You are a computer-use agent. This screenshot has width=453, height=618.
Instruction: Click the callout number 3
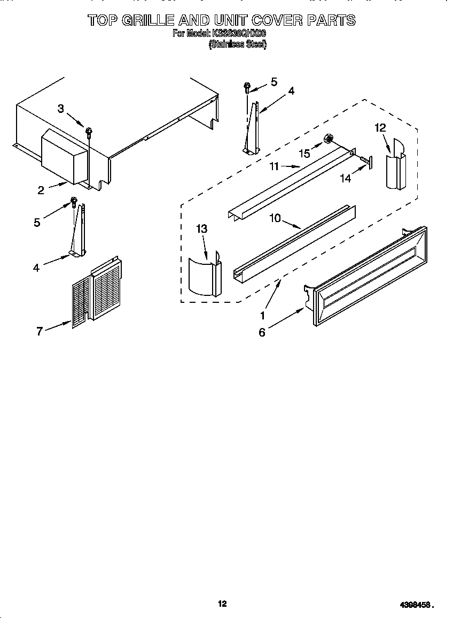pos(60,109)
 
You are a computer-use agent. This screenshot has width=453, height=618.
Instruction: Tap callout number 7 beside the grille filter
pos(39,332)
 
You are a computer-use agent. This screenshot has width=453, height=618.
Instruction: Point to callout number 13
pos(201,229)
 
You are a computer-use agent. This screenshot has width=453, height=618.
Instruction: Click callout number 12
pos(380,127)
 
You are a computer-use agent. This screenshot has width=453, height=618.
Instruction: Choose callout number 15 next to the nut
pos(304,154)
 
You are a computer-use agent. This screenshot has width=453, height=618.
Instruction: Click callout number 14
pos(346,179)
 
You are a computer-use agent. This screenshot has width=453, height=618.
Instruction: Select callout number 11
pos(274,166)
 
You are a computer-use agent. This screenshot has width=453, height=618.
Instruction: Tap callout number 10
pos(275,219)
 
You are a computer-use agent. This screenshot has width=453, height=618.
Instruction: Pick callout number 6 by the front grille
pos(262,333)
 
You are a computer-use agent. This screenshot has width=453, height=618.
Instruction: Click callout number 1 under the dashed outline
pos(263,316)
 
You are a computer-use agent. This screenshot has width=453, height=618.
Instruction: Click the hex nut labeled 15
pos(329,141)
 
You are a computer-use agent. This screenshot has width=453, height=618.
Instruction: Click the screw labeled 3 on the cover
pos(90,131)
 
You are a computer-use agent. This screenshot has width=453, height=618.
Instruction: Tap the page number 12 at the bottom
pos(222,604)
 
